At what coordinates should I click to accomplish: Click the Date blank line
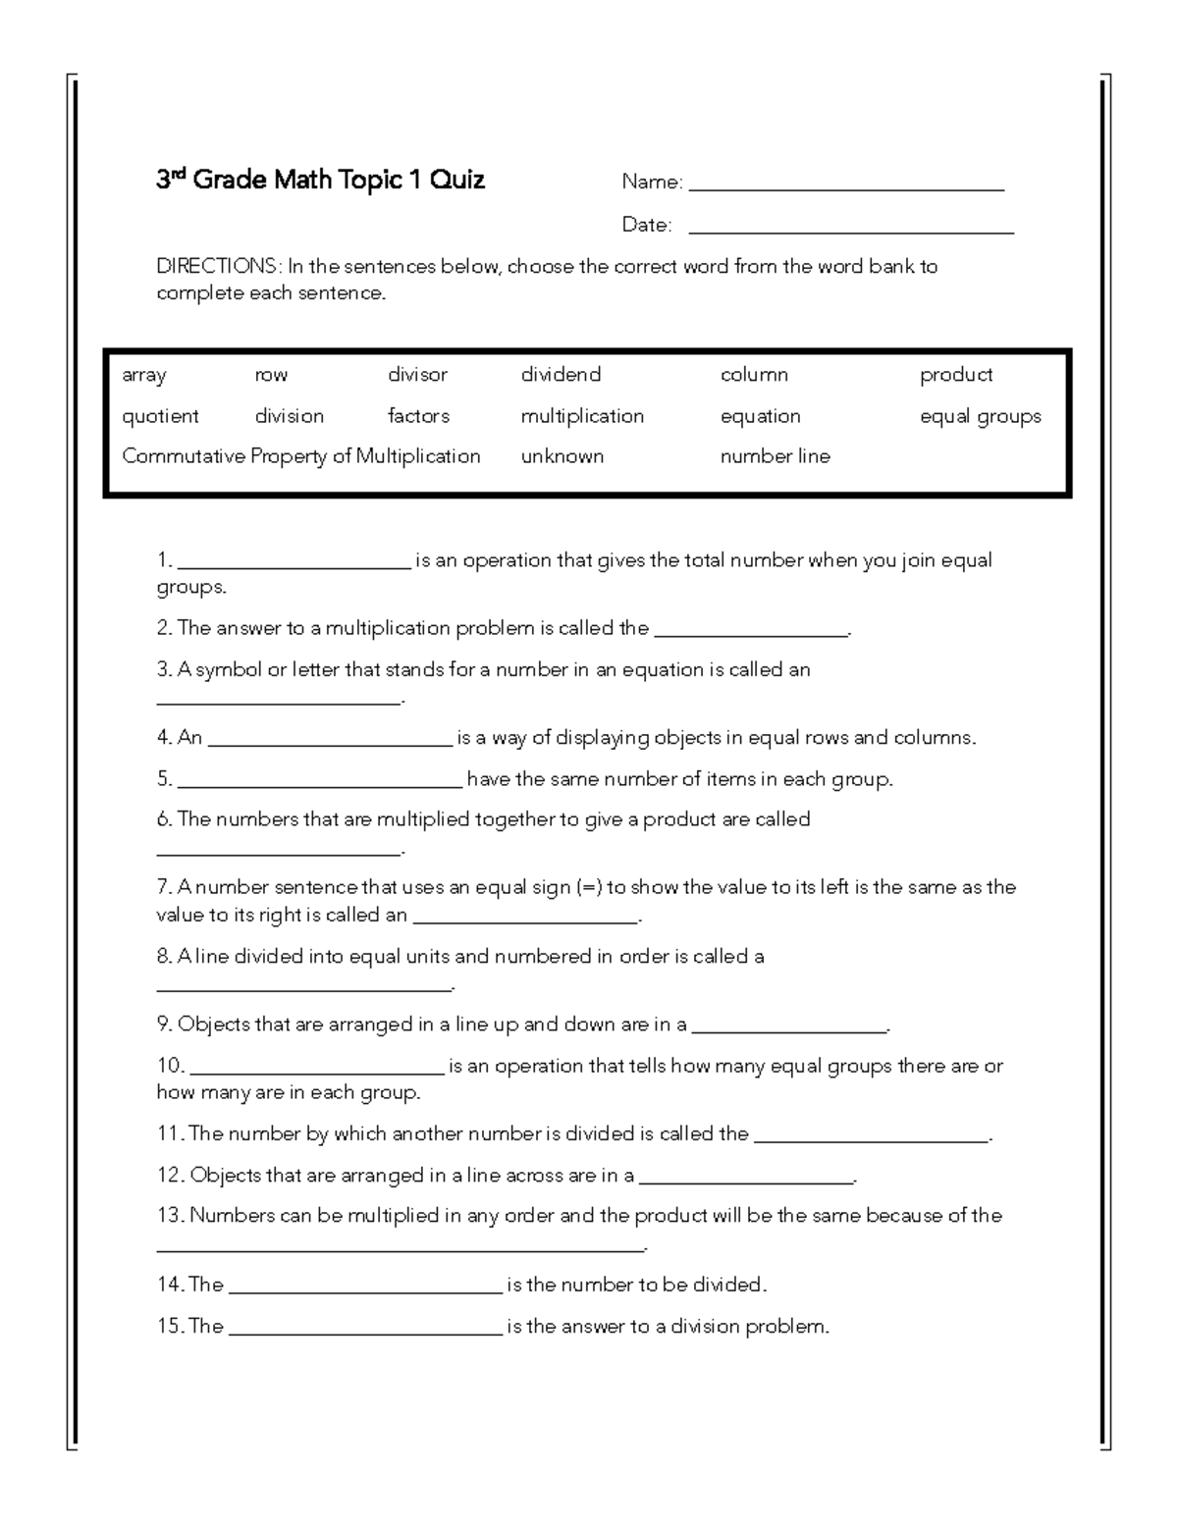click(851, 232)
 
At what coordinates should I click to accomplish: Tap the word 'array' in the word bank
click(144, 375)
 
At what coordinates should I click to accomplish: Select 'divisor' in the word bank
click(417, 375)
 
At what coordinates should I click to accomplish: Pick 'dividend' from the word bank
click(561, 375)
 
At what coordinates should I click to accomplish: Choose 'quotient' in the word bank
click(160, 416)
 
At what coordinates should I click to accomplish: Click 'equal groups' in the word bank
click(980, 416)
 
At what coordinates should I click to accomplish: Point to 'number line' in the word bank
click(775, 456)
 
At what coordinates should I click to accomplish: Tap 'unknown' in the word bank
click(562, 456)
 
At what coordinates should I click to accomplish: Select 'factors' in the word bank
click(418, 416)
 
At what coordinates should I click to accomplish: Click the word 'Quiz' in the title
click(456, 181)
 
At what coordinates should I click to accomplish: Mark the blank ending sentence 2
click(750, 635)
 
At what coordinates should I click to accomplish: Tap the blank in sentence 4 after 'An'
click(330, 744)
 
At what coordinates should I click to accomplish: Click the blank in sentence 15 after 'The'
click(365, 1333)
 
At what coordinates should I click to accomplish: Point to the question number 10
click(170, 1066)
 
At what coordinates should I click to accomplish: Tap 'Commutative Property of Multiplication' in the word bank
click(301, 456)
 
